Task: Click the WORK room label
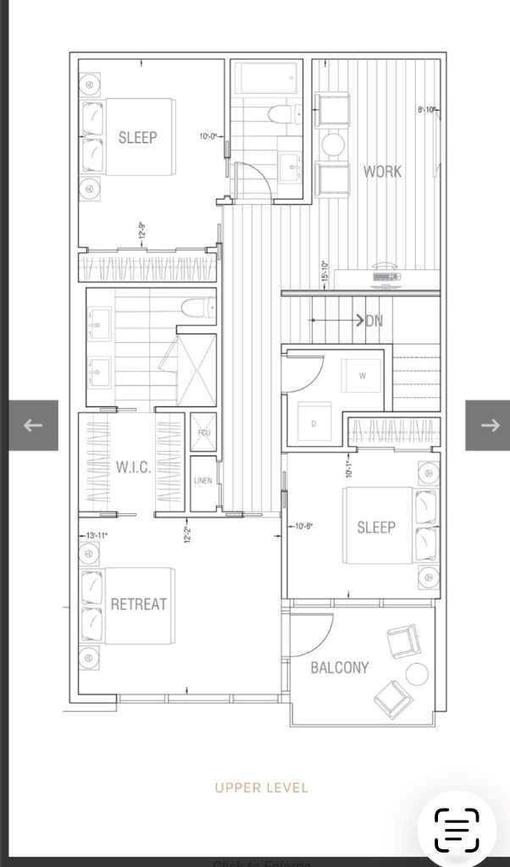tap(382, 171)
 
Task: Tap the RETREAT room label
tap(139, 604)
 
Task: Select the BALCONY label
tap(340, 667)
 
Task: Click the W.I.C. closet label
tap(133, 467)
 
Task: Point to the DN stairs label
tap(374, 321)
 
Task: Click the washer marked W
tap(363, 376)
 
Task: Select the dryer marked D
tap(313, 423)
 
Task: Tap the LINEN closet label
tap(203, 481)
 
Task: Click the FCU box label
tap(203, 433)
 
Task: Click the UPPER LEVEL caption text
tap(261, 787)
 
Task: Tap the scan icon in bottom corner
tap(457, 830)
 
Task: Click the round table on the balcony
tap(417, 674)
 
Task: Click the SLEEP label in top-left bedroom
tap(137, 137)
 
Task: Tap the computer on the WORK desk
tap(386, 274)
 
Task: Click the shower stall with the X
tap(197, 368)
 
